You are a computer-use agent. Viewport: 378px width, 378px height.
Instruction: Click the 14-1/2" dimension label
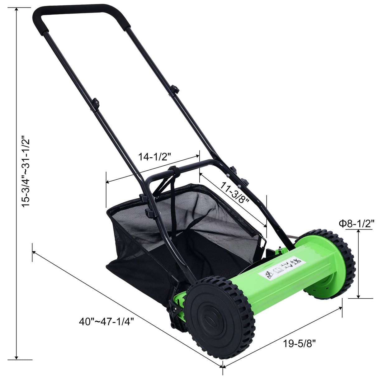coord(155,157)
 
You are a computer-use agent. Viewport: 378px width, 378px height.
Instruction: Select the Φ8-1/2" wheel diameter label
coord(356,224)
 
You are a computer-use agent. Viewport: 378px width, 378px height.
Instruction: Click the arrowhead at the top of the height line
coord(17,10)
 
